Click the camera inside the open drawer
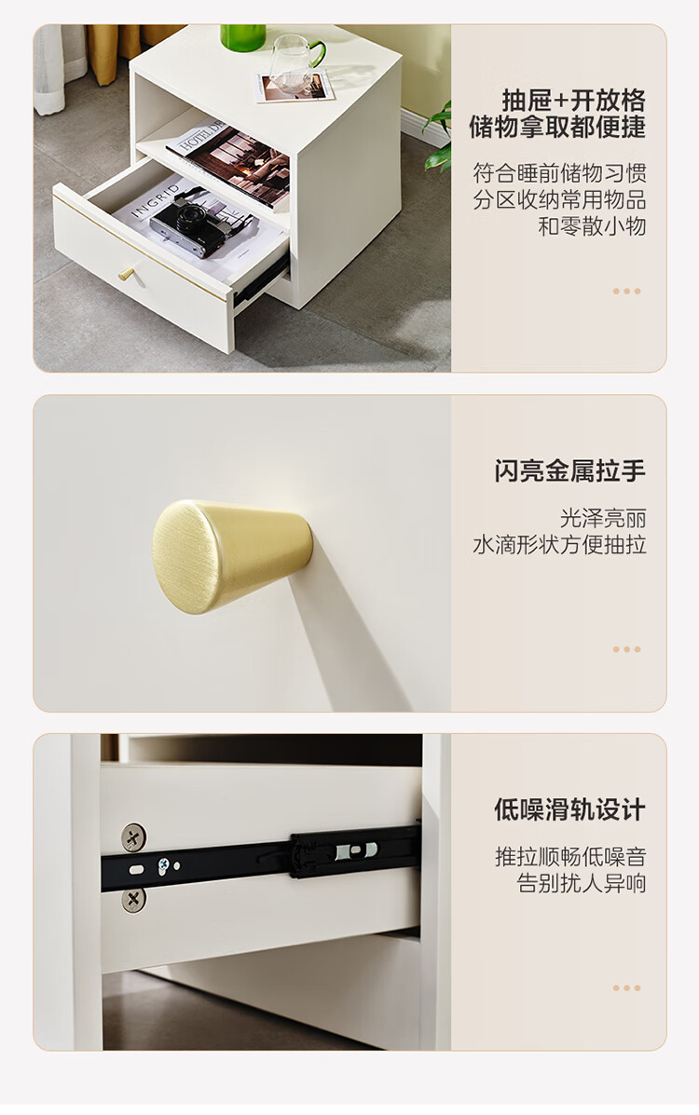click(x=204, y=223)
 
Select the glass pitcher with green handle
click(x=297, y=61)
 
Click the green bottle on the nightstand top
click(x=242, y=36)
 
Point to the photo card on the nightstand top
click(x=295, y=86)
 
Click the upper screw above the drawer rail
click(x=133, y=836)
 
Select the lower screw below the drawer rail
click(x=133, y=899)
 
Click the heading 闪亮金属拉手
click(x=570, y=470)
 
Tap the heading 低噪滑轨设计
click(x=570, y=809)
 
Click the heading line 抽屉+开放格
click(x=574, y=101)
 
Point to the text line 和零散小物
click(x=592, y=226)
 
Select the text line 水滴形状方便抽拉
click(x=559, y=545)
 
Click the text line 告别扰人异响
click(x=582, y=883)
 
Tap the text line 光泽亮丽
click(x=603, y=519)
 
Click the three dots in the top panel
click(x=626, y=291)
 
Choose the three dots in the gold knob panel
click(x=626, y=649)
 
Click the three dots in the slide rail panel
click(x=626, y=987)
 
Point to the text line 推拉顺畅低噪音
click(x=571, y=857)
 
